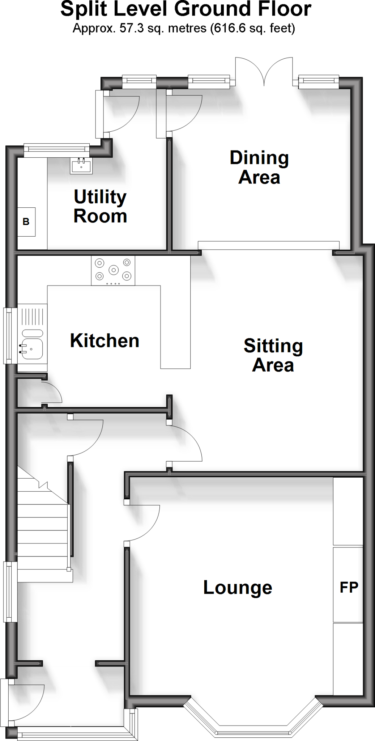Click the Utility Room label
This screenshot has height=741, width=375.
pyautogui.click(x=100, y=207)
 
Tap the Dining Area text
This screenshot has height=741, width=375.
pyautogui.click(x=259, y=168)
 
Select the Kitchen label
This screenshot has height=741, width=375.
pyautogui.click(x=105, y=341)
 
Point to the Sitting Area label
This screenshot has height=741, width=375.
pyautogui.click(x=273, y=355)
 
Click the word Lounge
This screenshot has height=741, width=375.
pyautogui.click(x=238, y=587)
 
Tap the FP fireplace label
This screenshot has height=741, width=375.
pyautogui.click(x=349, y=587)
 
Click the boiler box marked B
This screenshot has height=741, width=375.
pyautogui.click(x=26, y=221)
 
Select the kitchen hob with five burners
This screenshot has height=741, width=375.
pyautogui.click(x=113, y=270)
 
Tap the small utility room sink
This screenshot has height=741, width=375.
pyautogui.click(x=82, y=166)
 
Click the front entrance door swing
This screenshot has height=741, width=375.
pyautogui.click(x=27, y=702)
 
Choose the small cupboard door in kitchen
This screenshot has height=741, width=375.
pyautogui.click(x=52, y=391)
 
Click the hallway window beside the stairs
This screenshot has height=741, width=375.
pyautogui.click(x=10, y=592)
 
